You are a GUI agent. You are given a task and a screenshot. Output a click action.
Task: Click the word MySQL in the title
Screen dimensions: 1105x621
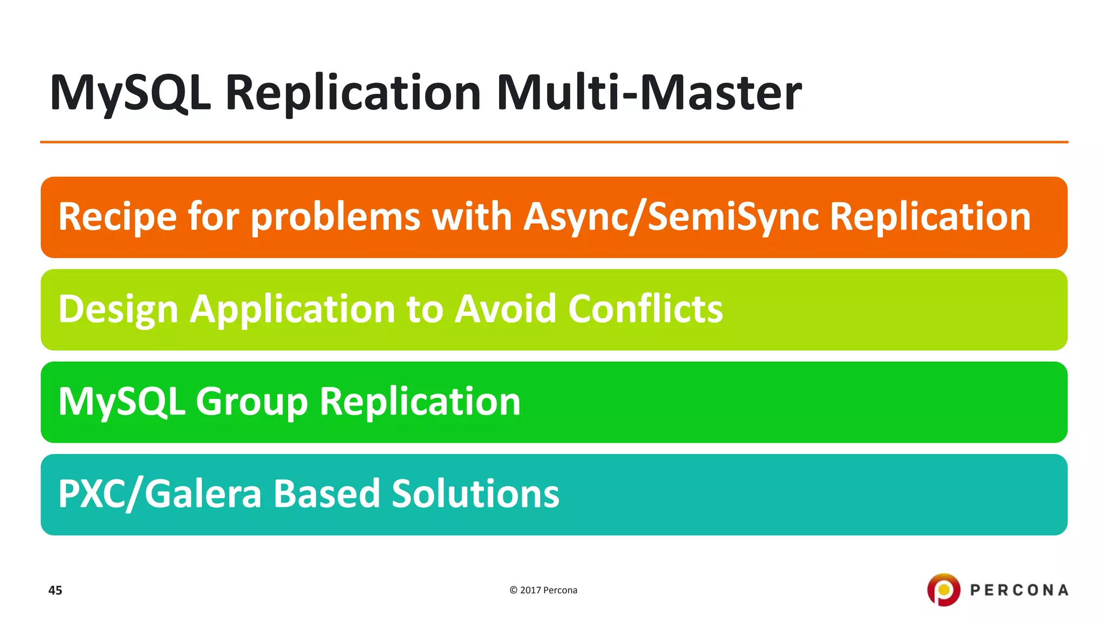coord(129,93)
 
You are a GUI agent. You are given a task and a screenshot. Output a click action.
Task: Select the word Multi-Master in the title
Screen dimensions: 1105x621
coord(649,93)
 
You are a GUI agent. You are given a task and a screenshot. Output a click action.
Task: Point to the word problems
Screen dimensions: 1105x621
coord(336,217)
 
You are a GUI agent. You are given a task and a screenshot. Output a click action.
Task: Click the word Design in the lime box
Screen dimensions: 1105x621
coord(118,309)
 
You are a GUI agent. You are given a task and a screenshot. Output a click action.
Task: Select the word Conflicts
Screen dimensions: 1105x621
coord(645,309)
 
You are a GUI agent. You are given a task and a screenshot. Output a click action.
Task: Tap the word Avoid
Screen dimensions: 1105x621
coord(504,309)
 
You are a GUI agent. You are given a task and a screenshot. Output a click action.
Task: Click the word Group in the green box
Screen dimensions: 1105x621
coord(251,402)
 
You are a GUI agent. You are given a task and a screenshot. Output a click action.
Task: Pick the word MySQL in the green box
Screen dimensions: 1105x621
coord(121,402)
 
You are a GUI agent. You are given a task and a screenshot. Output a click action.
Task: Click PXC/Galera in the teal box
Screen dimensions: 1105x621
coord(160,494)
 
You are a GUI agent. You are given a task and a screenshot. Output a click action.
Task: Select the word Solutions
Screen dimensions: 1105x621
coord(475,494)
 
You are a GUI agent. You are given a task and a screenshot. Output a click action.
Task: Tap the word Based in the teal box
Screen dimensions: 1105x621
coord(326,494)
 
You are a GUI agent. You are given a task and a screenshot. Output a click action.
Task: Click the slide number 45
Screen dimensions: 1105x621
coord(55,590)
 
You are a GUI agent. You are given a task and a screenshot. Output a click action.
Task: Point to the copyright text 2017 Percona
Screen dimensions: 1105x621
coord(543,590)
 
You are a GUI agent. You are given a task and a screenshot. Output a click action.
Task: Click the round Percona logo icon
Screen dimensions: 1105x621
coord(943,590)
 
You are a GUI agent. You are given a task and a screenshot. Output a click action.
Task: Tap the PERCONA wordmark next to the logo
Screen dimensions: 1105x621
coord(1019,590)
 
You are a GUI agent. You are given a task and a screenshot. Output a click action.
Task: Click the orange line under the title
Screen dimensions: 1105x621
coord(554,142)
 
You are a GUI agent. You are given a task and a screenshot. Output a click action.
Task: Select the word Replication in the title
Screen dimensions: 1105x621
coord(353,93)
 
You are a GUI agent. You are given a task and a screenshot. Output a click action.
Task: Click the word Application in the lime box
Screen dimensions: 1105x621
coord(292,309)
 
